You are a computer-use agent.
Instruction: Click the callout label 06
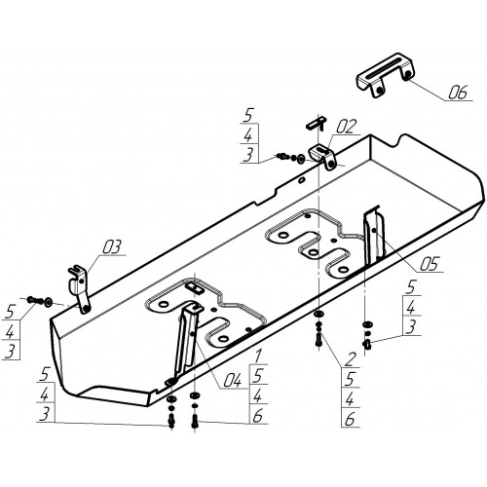[x=458, y=93]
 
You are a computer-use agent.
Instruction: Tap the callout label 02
[x=346, y=127]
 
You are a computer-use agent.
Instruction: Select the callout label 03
[x=112, y=247]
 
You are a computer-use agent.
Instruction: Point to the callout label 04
[x=232, y=380]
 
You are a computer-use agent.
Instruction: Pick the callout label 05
[x=430, y=264]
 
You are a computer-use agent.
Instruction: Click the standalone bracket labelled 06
[x=386, y=75]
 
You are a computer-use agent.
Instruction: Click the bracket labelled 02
[x=322, y=157]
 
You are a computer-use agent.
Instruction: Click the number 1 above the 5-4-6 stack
[x=257, y=356]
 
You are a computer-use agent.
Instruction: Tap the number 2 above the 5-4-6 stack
[x=350, y=359]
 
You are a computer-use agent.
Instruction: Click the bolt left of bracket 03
[x=34, y=299]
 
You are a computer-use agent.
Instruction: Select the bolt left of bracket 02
[x=282, y=157]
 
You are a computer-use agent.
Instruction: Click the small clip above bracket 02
[x=316, y=123]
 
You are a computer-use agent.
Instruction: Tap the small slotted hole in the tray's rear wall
[x=302, y=180]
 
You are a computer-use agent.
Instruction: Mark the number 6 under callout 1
[x=257, y=416]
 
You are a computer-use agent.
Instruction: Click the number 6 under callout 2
[x=350, y=420]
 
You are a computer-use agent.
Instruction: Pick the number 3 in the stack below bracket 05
[x=411, y=326]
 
